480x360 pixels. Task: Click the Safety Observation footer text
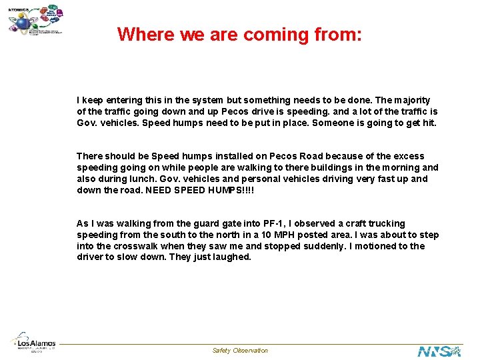[x=240, y=351]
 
